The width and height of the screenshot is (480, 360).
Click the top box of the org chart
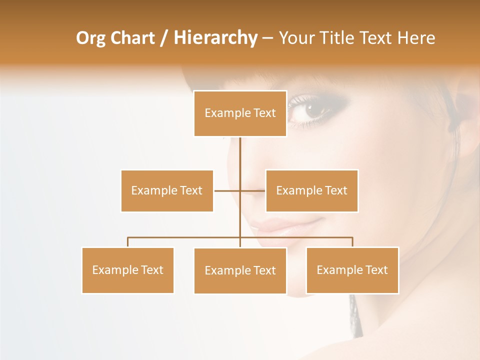click(x=240, y=113)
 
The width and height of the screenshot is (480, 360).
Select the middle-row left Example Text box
click(x=167, y=190)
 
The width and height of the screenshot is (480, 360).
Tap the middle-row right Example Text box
click(x=311, y=190)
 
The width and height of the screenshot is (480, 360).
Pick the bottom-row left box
click(x=127, y=270)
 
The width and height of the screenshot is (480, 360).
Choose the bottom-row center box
click(x=240, y=270)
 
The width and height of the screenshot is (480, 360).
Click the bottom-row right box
click(x=352, y=270)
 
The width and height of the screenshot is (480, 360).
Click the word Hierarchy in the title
click(x=215, y=38)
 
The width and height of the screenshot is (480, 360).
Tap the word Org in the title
click(x=90, y=38)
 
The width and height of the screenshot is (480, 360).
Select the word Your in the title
click(x=297, y=38)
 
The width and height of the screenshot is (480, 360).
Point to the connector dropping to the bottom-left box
click(x=128, y=242)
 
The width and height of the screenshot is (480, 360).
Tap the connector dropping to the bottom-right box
click(x=352, y=242)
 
